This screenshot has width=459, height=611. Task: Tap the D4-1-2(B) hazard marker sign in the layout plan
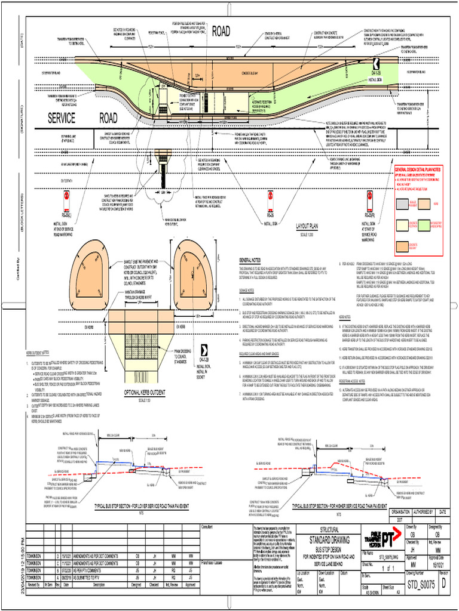coord(375,65)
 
